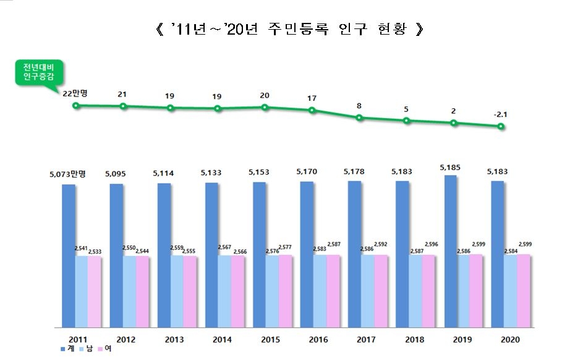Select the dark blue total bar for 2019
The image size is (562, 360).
(450, 251)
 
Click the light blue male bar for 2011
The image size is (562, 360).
(81, 291)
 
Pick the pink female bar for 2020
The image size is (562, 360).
(523, 290)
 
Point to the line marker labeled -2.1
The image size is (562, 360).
(501, 127)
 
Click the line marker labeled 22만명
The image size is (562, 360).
(76, 105)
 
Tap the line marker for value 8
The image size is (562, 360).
(359, 118)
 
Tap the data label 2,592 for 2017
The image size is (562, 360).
(381, 244)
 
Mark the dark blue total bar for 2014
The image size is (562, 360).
(212, 254)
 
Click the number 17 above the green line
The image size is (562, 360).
(312, 98)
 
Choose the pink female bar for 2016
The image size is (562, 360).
(333, 291)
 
